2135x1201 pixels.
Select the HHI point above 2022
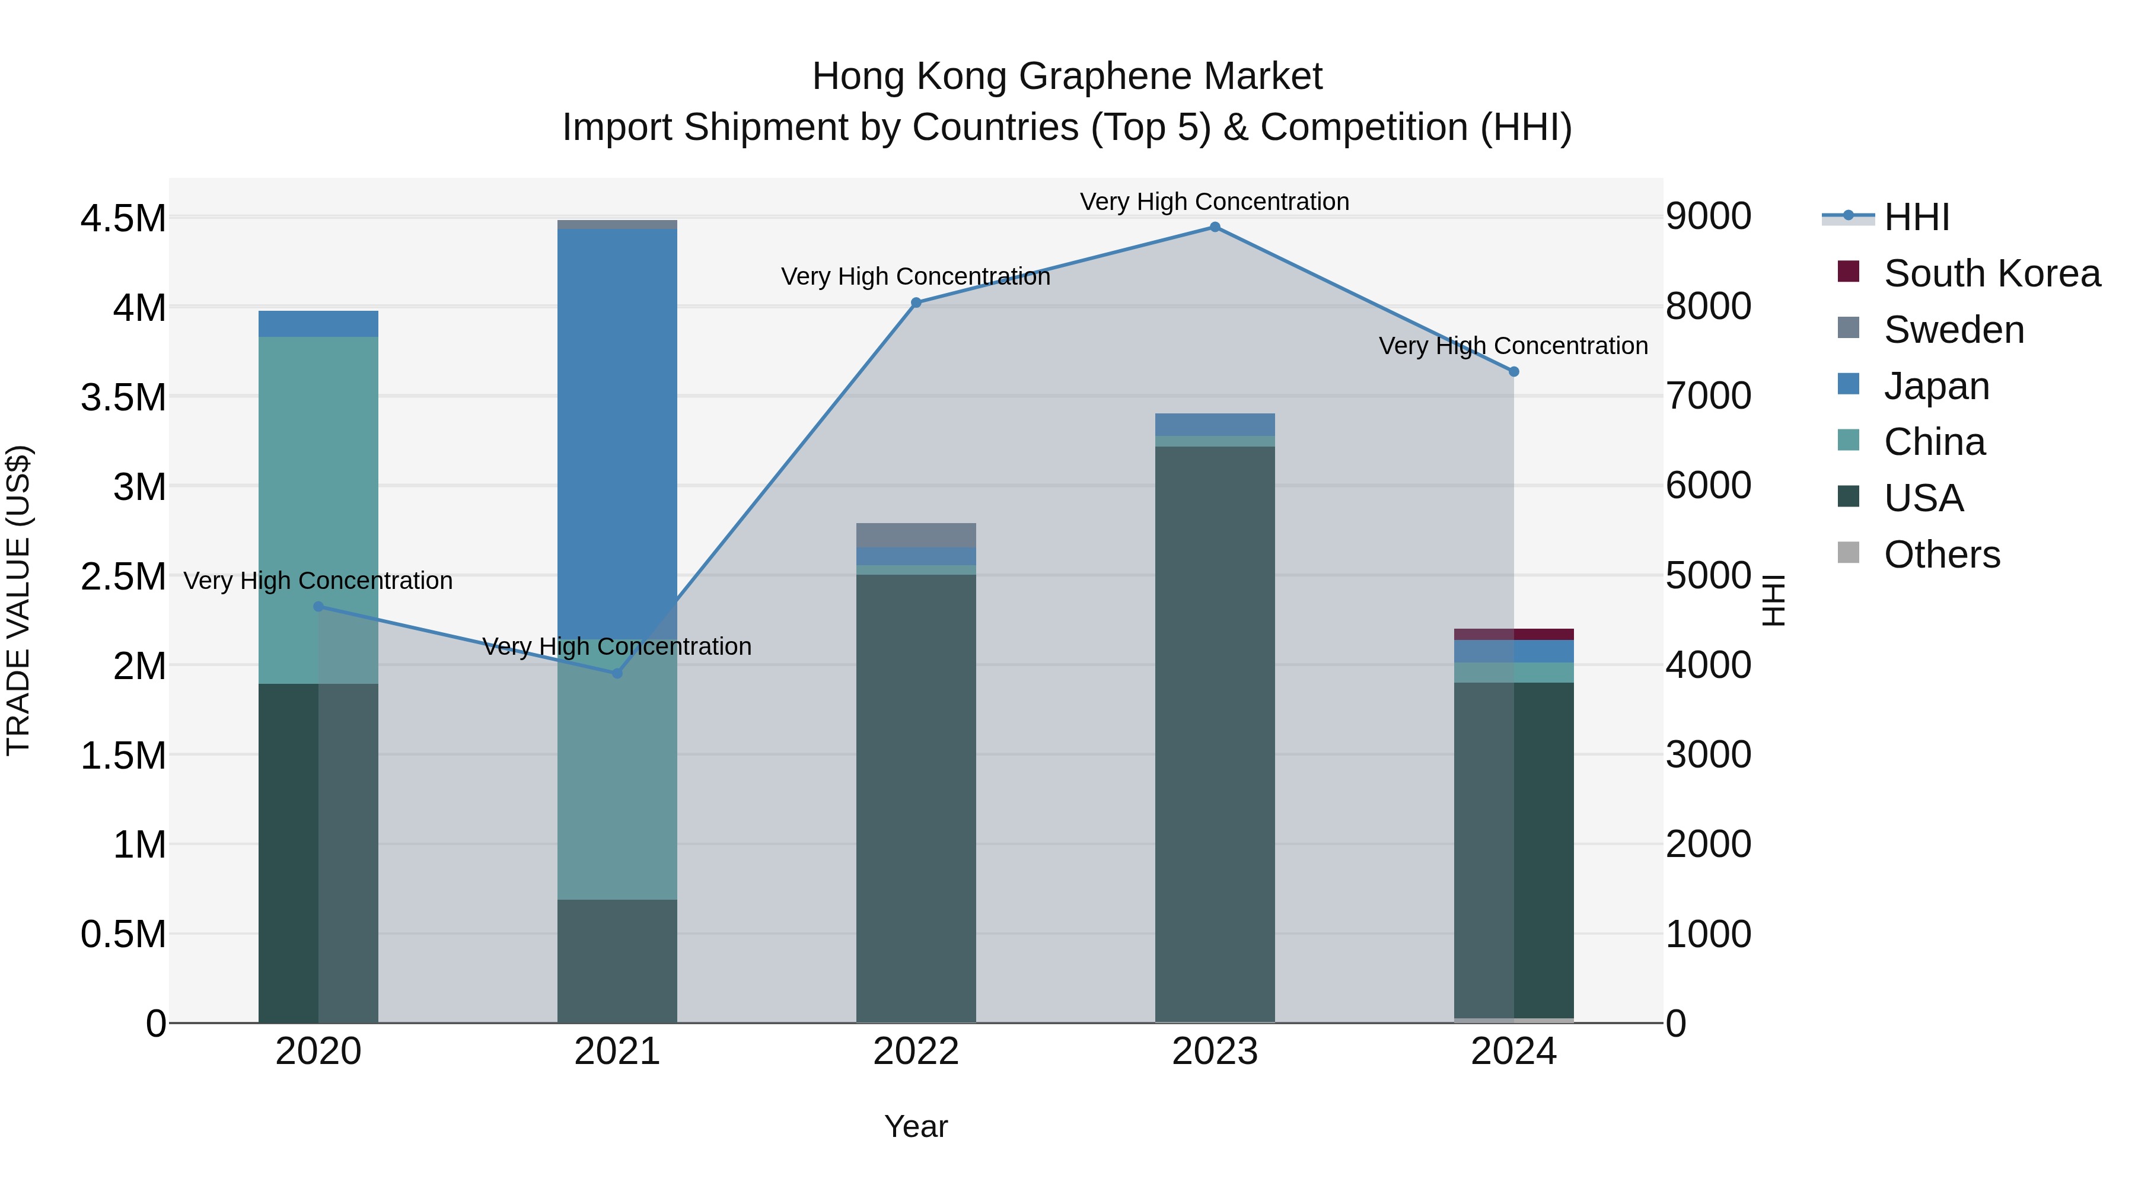click(x=916, y=303)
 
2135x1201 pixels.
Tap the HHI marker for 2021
click(x=617, y=674)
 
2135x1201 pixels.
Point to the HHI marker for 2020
click(x=318, y=607)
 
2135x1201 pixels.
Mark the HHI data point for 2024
click(x=1513, y=372)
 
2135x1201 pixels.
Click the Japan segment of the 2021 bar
click(x=617, y=415)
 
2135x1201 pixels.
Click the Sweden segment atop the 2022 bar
click(x=916, y=536)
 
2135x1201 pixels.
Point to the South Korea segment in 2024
click(x=1513, y=635)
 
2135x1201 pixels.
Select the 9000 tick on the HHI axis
click(x=1708, y=217)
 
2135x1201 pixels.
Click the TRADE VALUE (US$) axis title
click(x=18, y=600)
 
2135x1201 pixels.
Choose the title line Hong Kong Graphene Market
click(x=1067, y=77)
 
